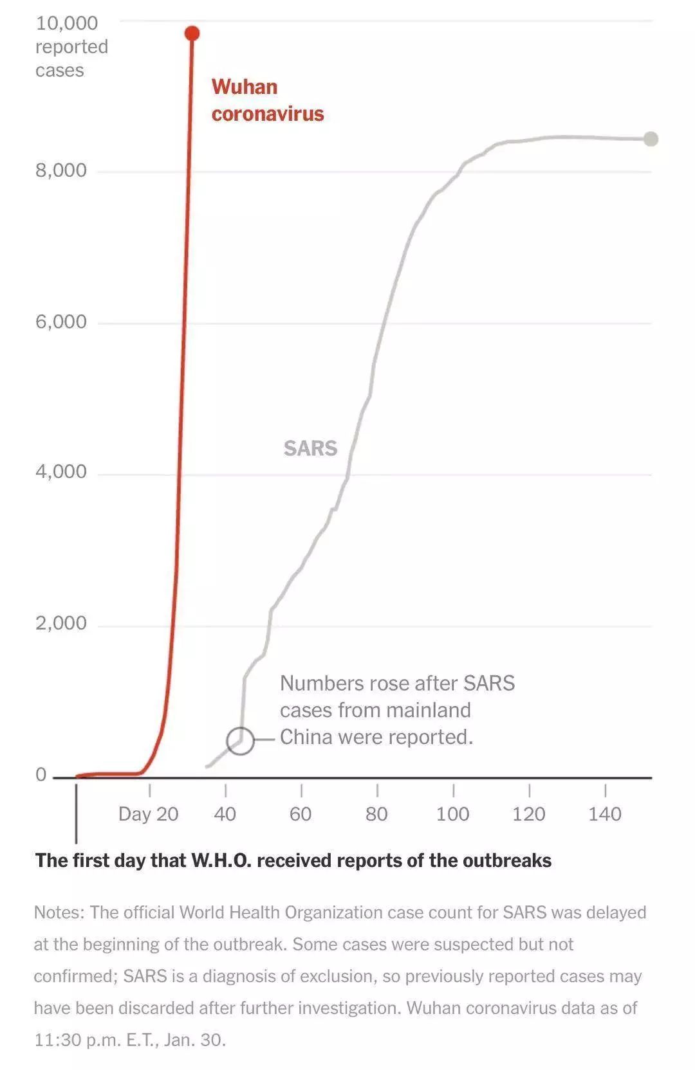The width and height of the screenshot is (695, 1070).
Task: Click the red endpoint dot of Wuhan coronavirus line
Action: coord(192,33)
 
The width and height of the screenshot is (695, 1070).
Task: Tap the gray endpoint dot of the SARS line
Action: coord(651,139)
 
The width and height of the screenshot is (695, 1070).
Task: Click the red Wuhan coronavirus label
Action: coord(267,100)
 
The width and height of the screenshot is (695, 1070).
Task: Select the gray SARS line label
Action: coord(310,448)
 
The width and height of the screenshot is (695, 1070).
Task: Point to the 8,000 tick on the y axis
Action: coord(61,170)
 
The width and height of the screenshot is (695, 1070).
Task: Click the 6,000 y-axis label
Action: coord(61,322)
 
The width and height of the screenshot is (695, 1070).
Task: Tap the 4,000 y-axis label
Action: coord(61,472)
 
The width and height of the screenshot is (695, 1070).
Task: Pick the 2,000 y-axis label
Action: coord(61,623)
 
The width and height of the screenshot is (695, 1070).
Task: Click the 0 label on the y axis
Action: coord(41,775)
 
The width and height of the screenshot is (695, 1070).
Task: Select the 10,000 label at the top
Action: coord(67,23)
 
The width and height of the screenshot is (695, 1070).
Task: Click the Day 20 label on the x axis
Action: coord(148,814)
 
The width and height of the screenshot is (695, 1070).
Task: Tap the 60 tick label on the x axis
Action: coord(301,814)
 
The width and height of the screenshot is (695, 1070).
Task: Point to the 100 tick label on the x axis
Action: coord(452,814)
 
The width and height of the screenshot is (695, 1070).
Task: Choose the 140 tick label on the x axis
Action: coord(605,814)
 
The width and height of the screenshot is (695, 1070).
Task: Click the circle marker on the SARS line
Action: coord(240,741)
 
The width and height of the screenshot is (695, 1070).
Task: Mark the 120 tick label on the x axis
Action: coord(528,814)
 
